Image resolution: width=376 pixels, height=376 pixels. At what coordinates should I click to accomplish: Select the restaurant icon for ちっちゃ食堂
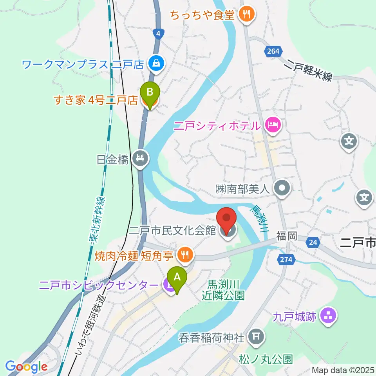247,14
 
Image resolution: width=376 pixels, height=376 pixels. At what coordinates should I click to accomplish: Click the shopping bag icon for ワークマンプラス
156,63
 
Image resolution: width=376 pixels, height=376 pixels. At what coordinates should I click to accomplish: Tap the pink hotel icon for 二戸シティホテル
272,125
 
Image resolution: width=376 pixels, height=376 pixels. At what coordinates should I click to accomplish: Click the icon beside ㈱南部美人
281,189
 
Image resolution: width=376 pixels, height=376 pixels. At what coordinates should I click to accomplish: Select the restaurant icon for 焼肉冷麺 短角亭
184,255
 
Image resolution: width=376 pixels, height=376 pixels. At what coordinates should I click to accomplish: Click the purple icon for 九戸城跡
328,316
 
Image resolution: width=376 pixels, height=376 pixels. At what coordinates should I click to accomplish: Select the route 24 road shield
312,243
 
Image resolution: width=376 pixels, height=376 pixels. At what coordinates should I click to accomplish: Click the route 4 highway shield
157,34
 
